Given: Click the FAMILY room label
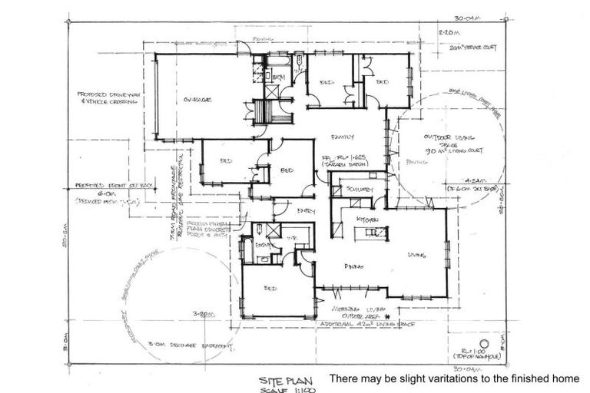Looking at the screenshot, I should pyautogui.click(x=342, y=137).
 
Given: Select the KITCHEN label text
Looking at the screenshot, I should pyautogui.click(x=366, y=220).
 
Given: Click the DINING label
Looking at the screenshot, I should pyautogui.click(x=353, y=266).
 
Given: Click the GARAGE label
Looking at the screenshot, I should pyautogui.click(x=197, y=100).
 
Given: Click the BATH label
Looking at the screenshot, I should pyautogui.click(x=278, y=78).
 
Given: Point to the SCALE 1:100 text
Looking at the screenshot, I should pyautogui.click(x=283, y=389).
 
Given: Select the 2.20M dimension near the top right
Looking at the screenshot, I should pyautogui.click(x=447, y=33).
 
